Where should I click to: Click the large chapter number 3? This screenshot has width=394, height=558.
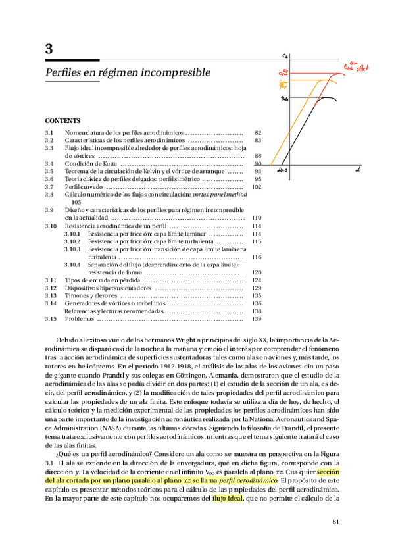pyautogui.click(x=49, y=49)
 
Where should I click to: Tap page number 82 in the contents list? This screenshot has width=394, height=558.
pyautogui.click(x=258, y=133)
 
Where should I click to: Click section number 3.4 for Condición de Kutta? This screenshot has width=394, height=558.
pyautogui.click(x=49, y=164)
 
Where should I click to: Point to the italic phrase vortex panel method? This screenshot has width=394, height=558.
pyautogui.click(x=219, y=195)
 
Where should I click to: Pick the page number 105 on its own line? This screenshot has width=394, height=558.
pyautogui.click(x=76, y=203)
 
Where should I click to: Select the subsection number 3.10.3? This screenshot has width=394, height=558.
pyautogui.click(x=72, y=249)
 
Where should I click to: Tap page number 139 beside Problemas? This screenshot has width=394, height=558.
pyautogui.click(x=257, y=319)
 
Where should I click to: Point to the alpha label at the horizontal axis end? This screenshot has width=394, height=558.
pyautogui.click(x=357, y=170)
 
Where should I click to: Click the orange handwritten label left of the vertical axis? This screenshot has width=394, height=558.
pyautogui.click(x=283, y=84)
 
